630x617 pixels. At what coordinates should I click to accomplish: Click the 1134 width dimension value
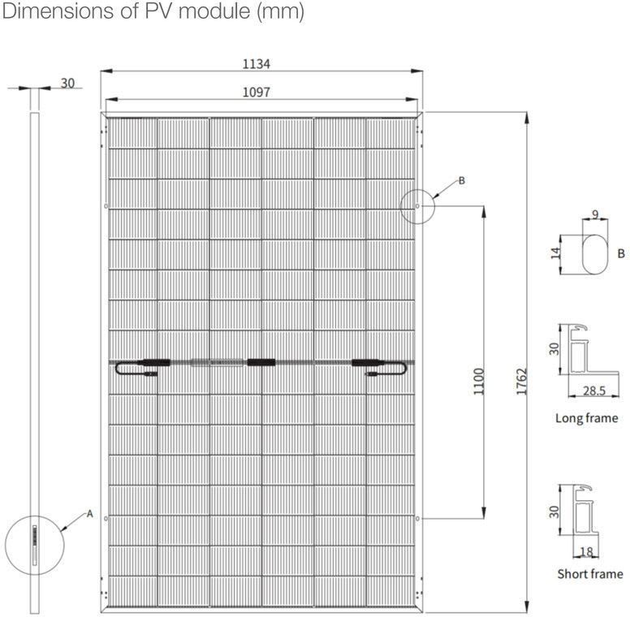pos(257,63)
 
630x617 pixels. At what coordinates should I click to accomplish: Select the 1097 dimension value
pos(257,92)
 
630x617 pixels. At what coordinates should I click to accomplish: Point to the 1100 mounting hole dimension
pos(478,381)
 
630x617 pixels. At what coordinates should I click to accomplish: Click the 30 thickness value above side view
pos(67,83)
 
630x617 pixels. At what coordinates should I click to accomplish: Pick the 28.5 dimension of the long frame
pos(595,391)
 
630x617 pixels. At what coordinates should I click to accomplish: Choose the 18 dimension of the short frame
pos(587,552)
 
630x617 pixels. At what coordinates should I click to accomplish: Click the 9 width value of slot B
pos(596,214)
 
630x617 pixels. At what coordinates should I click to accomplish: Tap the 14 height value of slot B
pos(556,253)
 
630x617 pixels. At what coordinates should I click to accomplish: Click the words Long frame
pos(586,419)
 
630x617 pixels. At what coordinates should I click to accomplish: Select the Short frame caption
pos(589,574)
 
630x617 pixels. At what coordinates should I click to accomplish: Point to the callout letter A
pos(90,514)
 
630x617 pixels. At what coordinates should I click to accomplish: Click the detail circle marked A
pos(33,541)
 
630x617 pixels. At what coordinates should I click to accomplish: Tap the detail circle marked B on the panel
pos(418,205)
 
